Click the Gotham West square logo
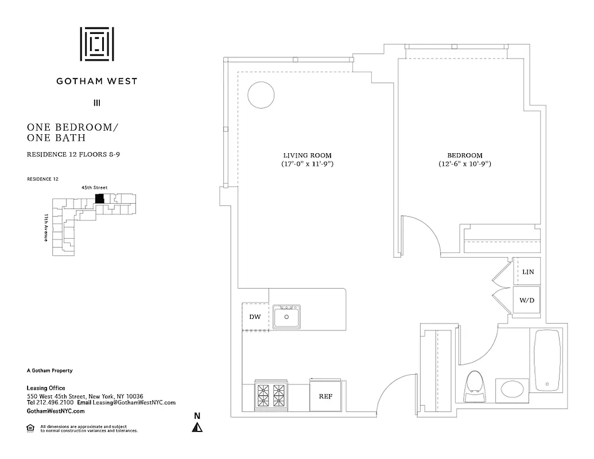(96, 44)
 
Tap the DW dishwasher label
(255, 317)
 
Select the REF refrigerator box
(325, 396)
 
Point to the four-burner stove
(271, 395)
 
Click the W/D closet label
(526, 300)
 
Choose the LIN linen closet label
(528, 271)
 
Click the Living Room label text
(307, 155)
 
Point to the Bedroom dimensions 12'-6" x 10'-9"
(464, 164)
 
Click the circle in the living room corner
(261, 94)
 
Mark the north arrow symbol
(197, 426)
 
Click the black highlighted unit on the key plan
(99, 199)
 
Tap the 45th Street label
(95, 188)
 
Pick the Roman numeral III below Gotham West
(96, 104)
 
